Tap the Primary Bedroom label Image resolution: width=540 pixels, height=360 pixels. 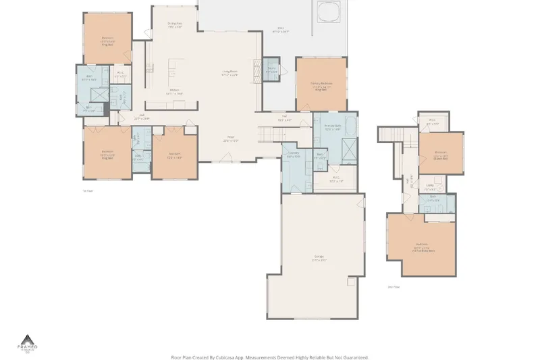tap(321, 85)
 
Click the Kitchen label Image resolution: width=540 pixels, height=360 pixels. tap(174, 91)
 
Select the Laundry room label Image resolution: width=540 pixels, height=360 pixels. tap(294, 154)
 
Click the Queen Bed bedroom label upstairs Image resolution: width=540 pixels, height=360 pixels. tap(441, 154)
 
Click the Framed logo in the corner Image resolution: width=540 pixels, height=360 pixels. tap(28, 343)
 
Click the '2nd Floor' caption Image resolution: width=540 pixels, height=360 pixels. tap(393, 287)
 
